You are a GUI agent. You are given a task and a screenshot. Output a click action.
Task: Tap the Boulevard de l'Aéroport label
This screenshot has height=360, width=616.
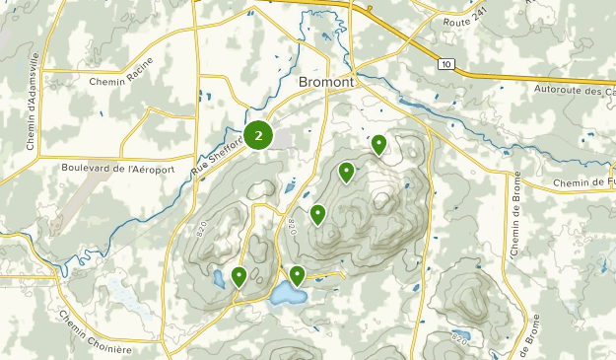point(102,169)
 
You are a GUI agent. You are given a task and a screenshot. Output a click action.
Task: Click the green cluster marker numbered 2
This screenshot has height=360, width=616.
point(258,135)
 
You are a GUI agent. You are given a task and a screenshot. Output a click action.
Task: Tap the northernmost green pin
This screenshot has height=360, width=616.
point(378,145)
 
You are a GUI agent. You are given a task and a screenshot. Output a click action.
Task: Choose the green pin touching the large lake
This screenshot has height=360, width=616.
point(297,275)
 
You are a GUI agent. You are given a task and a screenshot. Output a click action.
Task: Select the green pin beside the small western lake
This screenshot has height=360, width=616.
point(240,276)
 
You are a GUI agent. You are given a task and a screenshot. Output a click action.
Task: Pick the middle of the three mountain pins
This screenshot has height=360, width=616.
point(346,172)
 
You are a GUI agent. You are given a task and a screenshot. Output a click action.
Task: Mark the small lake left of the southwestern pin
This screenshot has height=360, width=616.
point(218,280)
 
